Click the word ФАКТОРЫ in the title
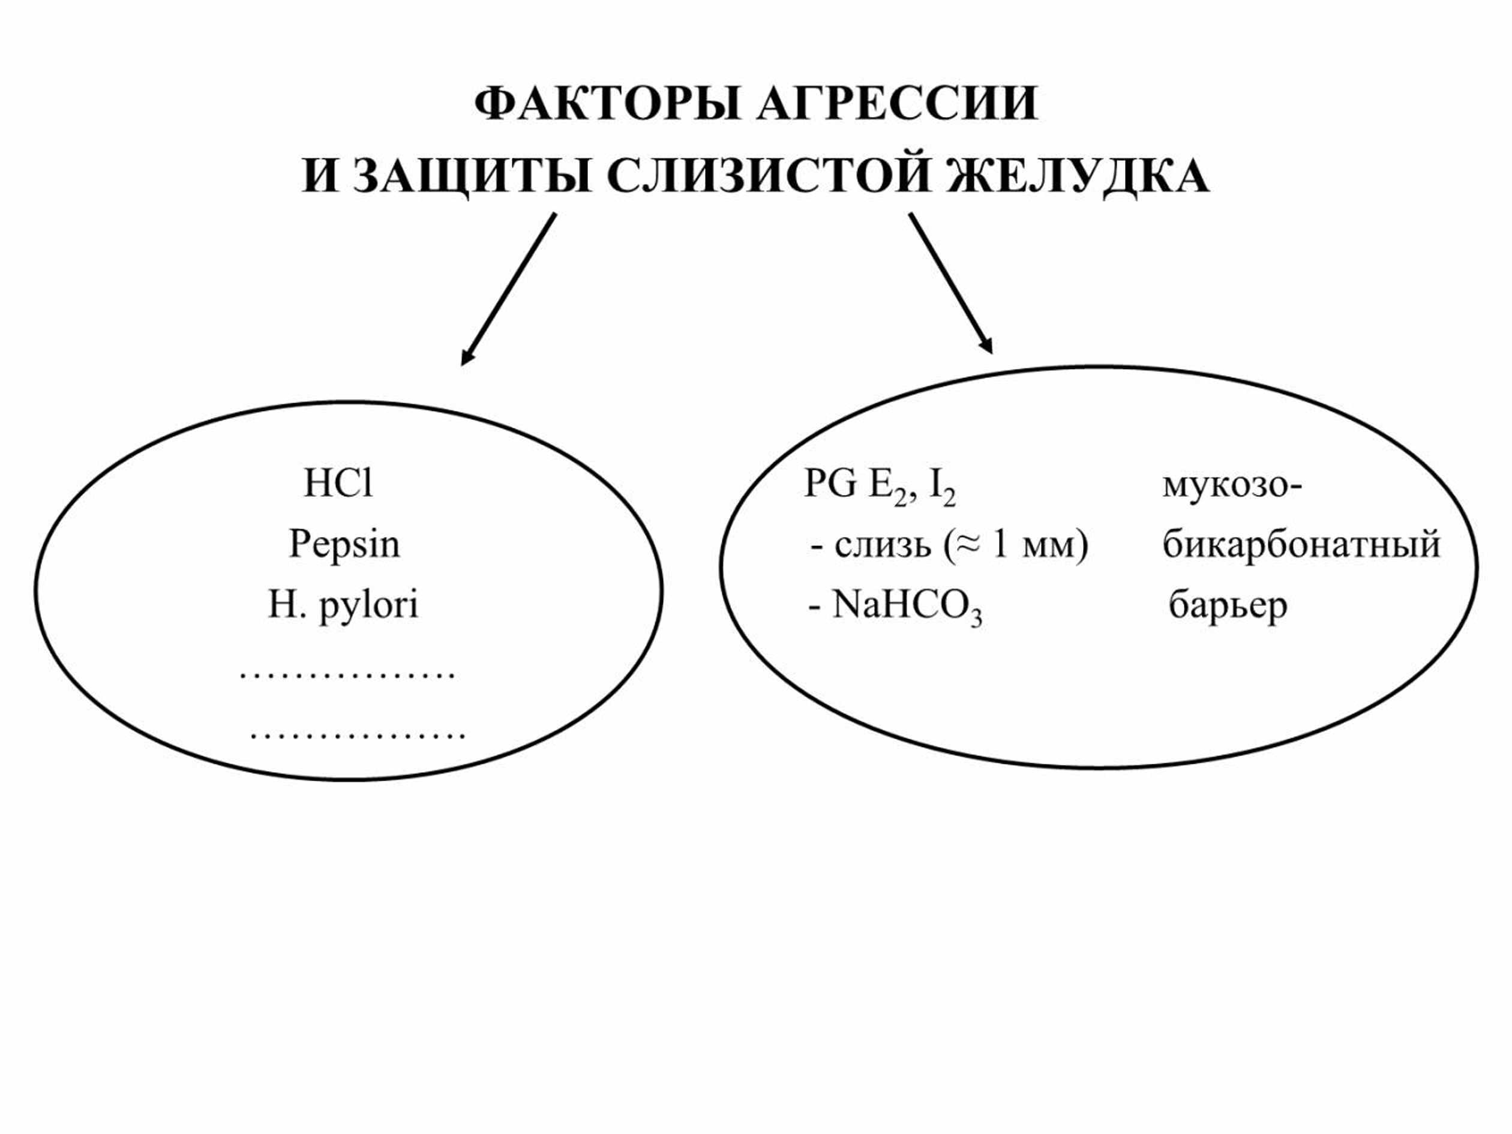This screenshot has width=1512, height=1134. [607, 104]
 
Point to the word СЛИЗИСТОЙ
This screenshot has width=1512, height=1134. [769, 176]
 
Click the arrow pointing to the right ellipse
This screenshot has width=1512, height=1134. [951, 283]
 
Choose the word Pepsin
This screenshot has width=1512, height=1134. [344, 544]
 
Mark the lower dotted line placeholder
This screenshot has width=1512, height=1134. [358, 736]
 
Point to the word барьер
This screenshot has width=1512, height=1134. [1228, 605]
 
